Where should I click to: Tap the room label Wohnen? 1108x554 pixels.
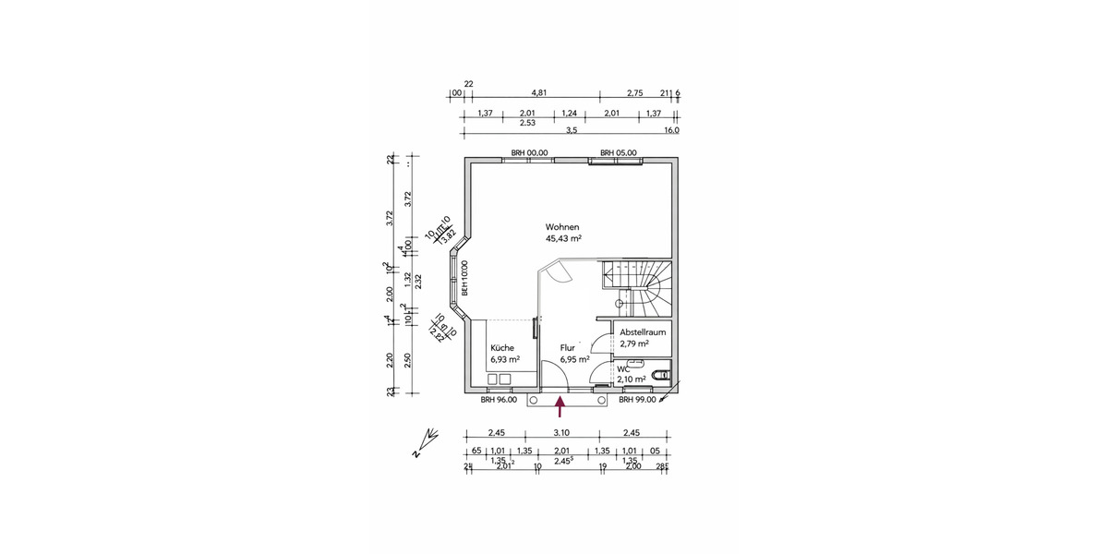click(x=561, y=226)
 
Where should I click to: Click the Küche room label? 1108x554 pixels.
click(x=503, y=347)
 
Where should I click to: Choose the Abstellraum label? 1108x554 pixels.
click(x=643, y=331)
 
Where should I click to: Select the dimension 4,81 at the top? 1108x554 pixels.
click(x=539, y=93)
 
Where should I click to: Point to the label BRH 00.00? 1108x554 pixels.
click(x=530, y=152)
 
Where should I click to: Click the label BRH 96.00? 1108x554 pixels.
click(x=499, y=400)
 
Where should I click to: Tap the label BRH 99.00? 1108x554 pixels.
click(x=637, y=400)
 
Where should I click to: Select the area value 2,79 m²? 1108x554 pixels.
click(x=634, y=343)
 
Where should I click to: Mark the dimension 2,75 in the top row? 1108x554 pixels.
click(x=634, y=93)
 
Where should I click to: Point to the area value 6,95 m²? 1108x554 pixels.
click(x=574, y=359)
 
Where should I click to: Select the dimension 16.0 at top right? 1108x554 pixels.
click(x=670, y=131)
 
